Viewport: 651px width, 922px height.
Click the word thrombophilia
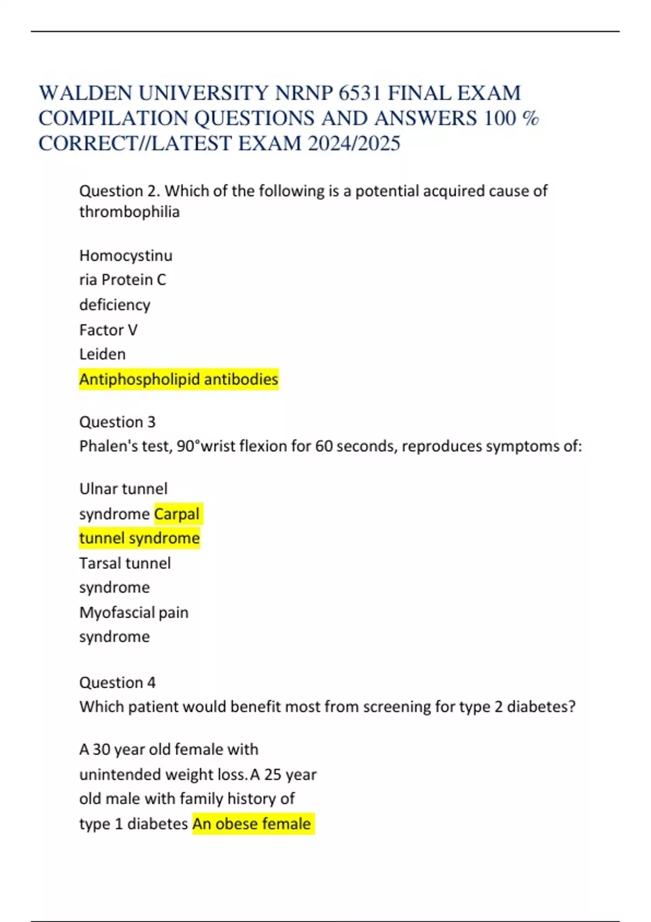pos(129,212)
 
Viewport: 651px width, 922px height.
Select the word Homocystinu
pos(125,255)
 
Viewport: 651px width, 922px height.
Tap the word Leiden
pos(102,354)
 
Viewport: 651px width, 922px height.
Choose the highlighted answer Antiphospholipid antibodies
pos(178,379)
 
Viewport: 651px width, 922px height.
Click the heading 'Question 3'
pos(117,422)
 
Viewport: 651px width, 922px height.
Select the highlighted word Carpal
pos(177,514)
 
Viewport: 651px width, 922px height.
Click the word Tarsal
pos(100,563)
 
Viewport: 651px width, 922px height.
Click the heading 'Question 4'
pos(117,682)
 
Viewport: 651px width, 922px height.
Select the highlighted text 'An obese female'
pos(252,824)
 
